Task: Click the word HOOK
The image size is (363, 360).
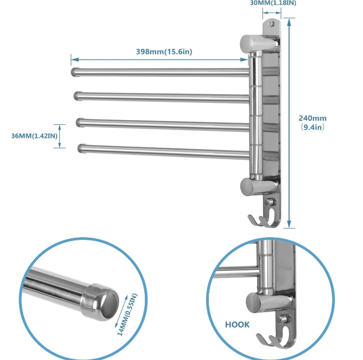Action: click(x=237, y=324)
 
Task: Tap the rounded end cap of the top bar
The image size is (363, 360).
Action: click(x=74, y=70)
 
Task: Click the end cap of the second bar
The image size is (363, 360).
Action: click(x=78, y=96)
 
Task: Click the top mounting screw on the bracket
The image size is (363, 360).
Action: click(x=270, y=24)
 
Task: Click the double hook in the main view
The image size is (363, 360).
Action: click(x=262, y=220)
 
